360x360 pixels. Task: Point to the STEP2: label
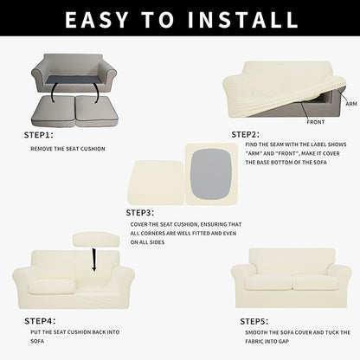click(247, 134)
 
